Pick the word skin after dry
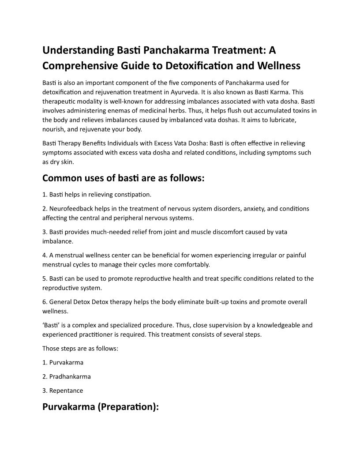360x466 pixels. click(67, 162)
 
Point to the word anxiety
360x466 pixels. click(242, 208)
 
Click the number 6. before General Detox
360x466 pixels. click(45, 302)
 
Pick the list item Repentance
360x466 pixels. click(66, 391)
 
